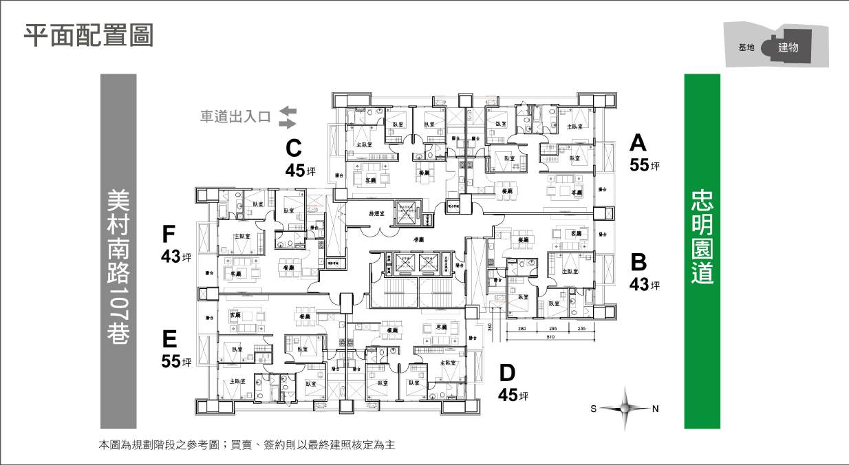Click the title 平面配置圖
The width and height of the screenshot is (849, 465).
(88, 36)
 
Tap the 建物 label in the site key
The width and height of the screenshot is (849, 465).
(788, 47)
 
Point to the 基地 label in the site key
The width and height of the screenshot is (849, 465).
(746, 47)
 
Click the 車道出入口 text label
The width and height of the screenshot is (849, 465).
(235, 117)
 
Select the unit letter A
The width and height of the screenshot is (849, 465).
(638, 143)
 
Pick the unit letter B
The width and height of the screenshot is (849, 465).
(638, 262)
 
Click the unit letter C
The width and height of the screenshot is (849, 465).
(294, 148)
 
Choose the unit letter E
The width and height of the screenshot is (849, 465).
(170, 339)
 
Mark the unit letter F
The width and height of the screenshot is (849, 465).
(169, 235)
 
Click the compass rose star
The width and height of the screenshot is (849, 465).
(625, 409)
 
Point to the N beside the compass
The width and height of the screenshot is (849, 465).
(656, 409)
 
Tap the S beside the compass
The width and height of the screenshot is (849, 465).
(593, 409)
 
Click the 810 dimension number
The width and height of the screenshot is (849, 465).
(550, 337)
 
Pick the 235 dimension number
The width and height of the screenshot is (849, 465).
(581, 329)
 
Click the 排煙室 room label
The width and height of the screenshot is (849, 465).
(376, 215)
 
